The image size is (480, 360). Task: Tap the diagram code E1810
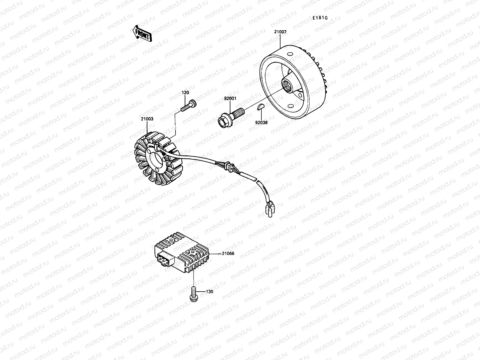click(320, 18)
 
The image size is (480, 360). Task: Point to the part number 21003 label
click(147, 119)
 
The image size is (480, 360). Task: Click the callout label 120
click(185, 93)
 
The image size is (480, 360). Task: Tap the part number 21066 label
click(228, 253)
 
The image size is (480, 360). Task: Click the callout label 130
click(210, 291)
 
